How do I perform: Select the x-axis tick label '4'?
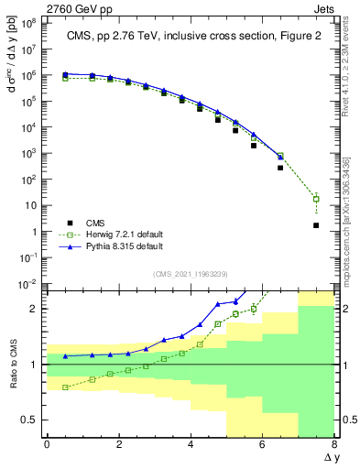point(191,444)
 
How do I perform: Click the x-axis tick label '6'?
point(262,444)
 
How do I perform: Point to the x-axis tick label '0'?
point(47,444)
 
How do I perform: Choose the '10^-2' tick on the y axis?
point(29,285)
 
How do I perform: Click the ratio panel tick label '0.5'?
point(30,420)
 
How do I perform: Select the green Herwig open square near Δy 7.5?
point(316,199)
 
